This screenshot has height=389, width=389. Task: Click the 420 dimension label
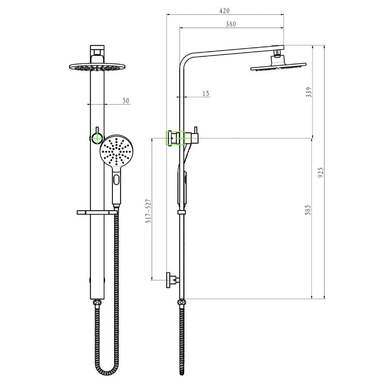pyautogui.click(x=224, y=11)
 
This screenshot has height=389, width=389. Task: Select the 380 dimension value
pyautogui.click(x=231, y=24)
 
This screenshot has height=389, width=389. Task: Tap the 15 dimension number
pyautogui.click(x=206, y=93)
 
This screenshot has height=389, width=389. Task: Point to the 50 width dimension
pyautogui.click(x=126, y=101)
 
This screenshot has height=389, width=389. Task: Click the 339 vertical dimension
pyautogui.click(x=309, y=92)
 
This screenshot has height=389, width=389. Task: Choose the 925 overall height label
pyautogui.click(x=321, y=172)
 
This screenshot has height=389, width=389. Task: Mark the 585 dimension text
pyautogui.click(x=308, y=210)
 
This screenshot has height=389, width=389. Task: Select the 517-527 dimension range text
pyautogui.click(x=148, y=211)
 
